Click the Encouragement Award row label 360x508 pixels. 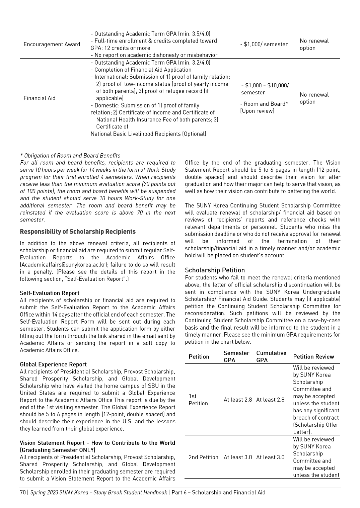click(x=52, y=45)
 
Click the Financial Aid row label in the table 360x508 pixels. click(x=40, y=98)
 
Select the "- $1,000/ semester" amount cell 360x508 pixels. click(x=264, y=44)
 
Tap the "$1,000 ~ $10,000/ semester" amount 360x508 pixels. click(x=265, y=89)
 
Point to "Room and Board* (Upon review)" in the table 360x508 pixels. click(x=264, y=107)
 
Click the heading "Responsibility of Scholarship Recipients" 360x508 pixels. click(x=78, y=232)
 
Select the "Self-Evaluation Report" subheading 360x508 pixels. click(x=50, y=293)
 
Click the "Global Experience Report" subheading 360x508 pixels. click(x=53, y=364)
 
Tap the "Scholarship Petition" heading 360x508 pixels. click(x=215, y=270)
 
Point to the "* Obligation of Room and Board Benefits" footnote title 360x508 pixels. click(x=70, y=156)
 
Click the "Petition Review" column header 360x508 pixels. click(x=313, y=357)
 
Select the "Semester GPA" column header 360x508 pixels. click(x=236, y=356)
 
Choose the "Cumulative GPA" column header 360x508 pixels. click(x=271, y=356)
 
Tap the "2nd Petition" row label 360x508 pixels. click(x=203, y=457)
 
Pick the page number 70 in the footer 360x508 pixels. click(x=23, y=492)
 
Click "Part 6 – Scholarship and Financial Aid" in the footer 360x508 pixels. click(x=218, y=492)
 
